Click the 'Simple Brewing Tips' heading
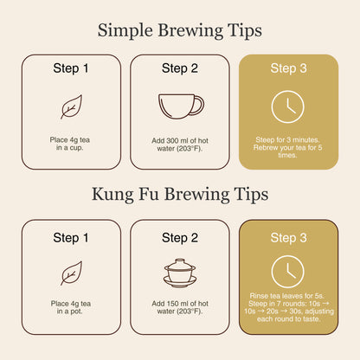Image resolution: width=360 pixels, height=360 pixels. click(x=180, y=31)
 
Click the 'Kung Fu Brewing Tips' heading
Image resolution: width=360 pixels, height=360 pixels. click(x=180, y=195)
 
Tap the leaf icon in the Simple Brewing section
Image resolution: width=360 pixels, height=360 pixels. click(x=71, y=106)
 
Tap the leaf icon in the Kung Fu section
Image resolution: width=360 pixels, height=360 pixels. click(x=71, y=273)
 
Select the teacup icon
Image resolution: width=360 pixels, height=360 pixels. click(x=181, y=106)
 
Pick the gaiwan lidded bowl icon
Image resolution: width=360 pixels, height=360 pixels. click(x=180, y=273)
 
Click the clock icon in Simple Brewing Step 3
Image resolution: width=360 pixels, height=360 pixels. click(x=287, y=106)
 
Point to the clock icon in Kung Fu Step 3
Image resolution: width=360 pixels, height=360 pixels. click(x=287, y=272)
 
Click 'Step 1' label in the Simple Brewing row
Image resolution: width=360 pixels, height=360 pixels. click(x=71, y=68)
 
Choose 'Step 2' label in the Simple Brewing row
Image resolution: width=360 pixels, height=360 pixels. click(x=180, y=68)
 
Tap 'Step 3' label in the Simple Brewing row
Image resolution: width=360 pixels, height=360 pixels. click(x=288, y=68)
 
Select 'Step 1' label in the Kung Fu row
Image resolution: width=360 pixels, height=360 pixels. click(x=71, y=238)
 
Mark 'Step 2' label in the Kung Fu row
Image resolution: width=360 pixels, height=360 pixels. click(x=180, y=238)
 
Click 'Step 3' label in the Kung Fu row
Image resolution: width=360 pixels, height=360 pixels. click(x=288, y=238)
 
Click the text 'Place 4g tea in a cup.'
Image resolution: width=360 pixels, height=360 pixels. click(x=70, y=144)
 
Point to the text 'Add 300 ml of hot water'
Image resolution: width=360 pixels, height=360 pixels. click(x=180, y=145)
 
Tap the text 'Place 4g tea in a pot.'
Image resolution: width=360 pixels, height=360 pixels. click(x=70, y=307)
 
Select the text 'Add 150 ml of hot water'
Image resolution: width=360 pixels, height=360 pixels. click(x=180, y=307)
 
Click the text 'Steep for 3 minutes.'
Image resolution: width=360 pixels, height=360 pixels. click(x=287, y=140)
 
